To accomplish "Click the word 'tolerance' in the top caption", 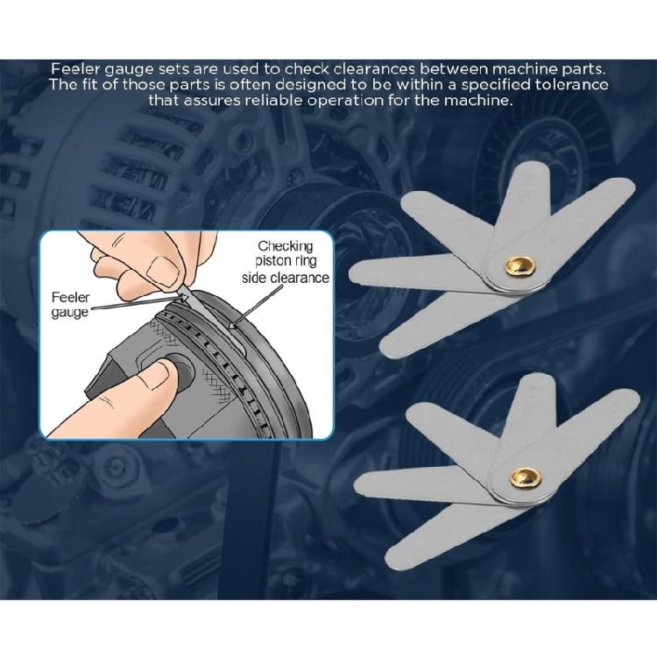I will click(x=566, y=85).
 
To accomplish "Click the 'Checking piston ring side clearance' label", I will click(x=282, y=262).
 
